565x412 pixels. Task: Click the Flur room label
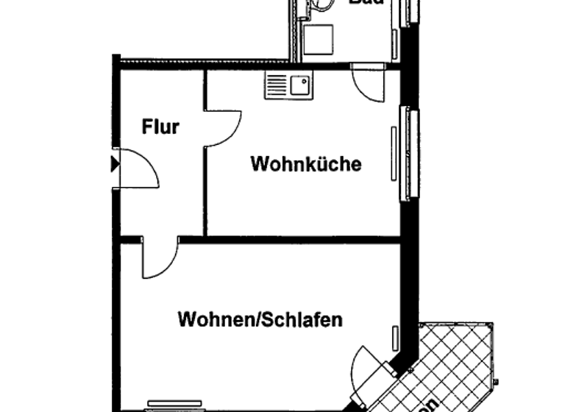[160, 127]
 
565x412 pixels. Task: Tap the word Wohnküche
[306, 163]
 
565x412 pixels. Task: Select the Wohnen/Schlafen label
[260, 321]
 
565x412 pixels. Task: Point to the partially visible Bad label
[365, 3]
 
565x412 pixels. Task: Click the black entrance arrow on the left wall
[114, 163]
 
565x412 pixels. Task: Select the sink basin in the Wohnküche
[300, 86]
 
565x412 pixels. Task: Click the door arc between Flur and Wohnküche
[224, 128]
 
